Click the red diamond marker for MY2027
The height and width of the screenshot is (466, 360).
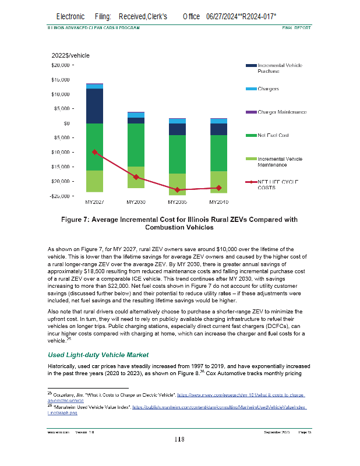pyautogui.click(x=94, y=152)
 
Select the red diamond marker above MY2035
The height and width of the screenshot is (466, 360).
pyautogui.click(x=177, y=190)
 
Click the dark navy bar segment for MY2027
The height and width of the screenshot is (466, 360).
pyautogui.click(x=94, y=105)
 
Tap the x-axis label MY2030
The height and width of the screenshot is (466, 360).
pyautogui.click(x=136, y=202)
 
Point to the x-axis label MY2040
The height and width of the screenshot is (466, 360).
pyautogui.click(x=218, y=202)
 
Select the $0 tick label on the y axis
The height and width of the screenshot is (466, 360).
pyautogui.click(x=67, y=123)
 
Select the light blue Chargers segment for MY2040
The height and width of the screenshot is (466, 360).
pyautogui.click(x=218, y=121)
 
